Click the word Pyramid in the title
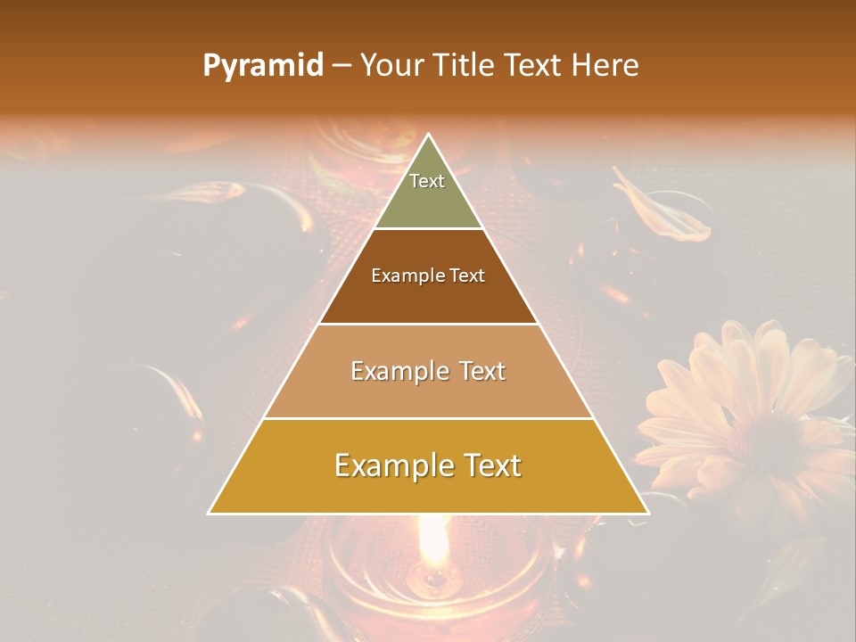coord(262,66)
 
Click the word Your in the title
coord(392,66)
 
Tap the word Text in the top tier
coord(427,181)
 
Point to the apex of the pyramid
coord(429,135)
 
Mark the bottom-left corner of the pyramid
coord(209,513)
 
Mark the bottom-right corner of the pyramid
coord(648,513)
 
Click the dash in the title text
coord(342,66)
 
